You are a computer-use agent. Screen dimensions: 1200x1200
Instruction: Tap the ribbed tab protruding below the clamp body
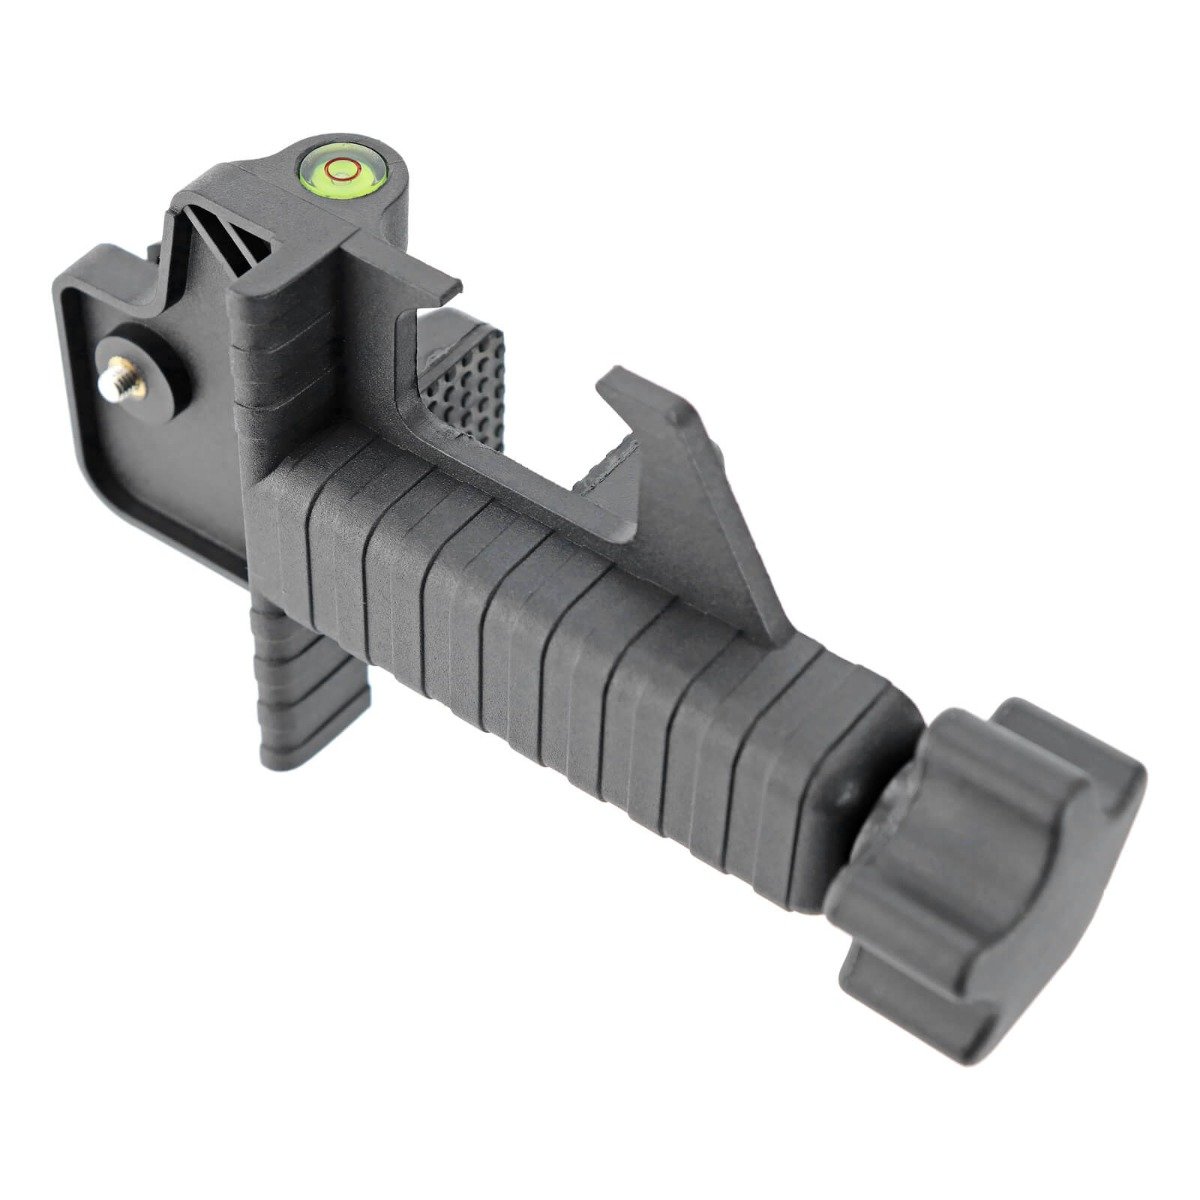coord(310,690)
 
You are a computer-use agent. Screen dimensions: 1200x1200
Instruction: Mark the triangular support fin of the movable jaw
coord(720,530)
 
